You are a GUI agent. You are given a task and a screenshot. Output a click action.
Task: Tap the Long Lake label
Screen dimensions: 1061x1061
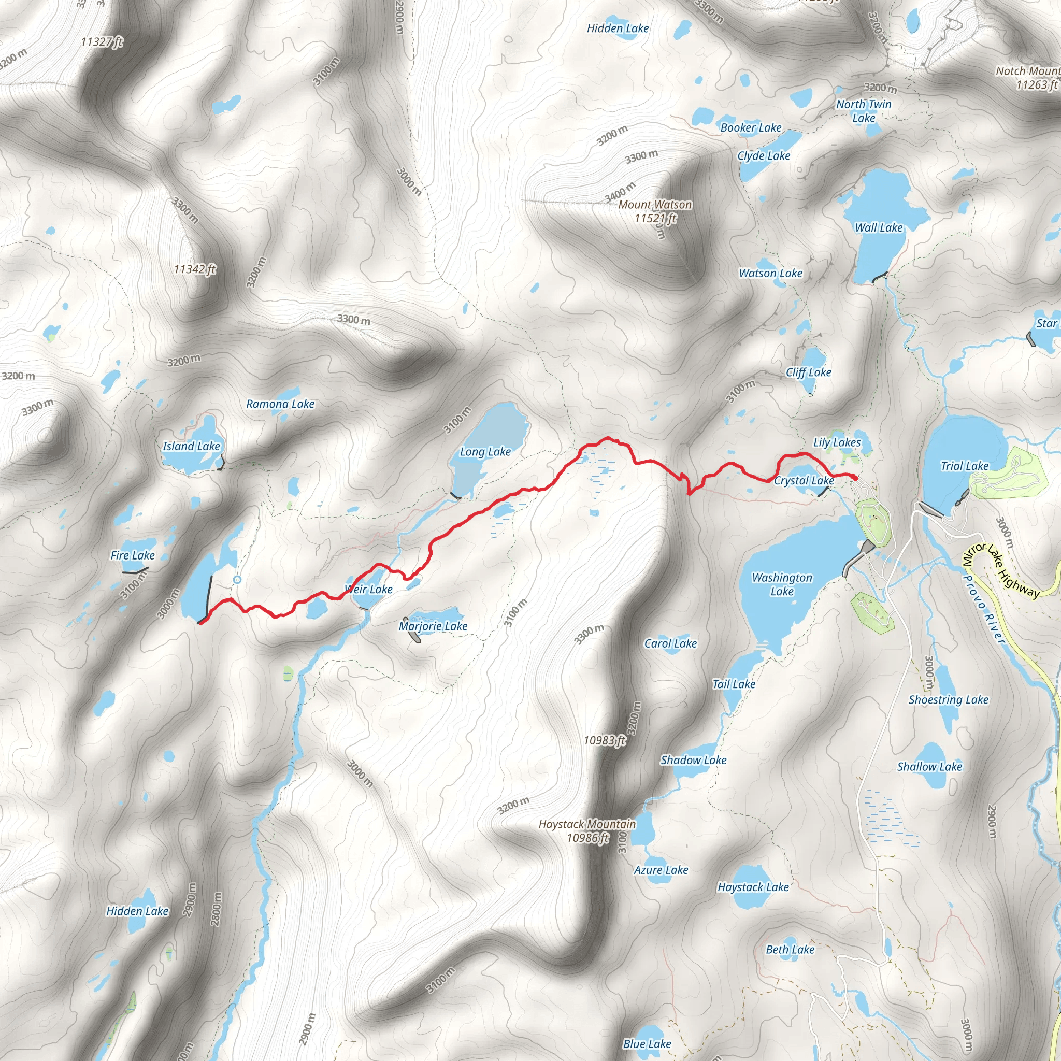point(485,452)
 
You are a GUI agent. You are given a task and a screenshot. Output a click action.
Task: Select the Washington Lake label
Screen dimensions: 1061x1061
point(781,584)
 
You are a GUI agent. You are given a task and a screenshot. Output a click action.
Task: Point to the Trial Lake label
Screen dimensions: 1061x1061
point(964,466)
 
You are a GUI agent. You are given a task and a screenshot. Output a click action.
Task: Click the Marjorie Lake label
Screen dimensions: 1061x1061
point(433,626)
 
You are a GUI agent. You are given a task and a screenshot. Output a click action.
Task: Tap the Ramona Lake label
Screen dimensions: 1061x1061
point(280,404)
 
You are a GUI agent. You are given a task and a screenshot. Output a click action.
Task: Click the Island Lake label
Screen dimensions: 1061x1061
point(191,447)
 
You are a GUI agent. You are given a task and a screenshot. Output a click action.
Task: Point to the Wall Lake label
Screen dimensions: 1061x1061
point(879,228)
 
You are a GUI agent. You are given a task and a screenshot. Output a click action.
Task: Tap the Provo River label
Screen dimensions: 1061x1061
point(984,609)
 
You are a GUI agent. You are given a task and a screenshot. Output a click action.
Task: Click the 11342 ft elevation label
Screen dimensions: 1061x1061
point(194,269)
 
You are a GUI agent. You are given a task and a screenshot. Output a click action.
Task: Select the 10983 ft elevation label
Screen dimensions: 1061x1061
point(604,740)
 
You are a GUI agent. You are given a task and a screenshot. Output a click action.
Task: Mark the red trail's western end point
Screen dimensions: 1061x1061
point(200,622)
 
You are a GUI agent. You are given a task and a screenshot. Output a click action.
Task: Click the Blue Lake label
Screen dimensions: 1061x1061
point(647,1043)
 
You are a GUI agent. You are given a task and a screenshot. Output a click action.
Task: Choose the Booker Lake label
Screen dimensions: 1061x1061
point(751,128)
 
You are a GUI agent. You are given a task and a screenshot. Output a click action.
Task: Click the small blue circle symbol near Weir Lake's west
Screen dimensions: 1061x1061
point(237,580)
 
